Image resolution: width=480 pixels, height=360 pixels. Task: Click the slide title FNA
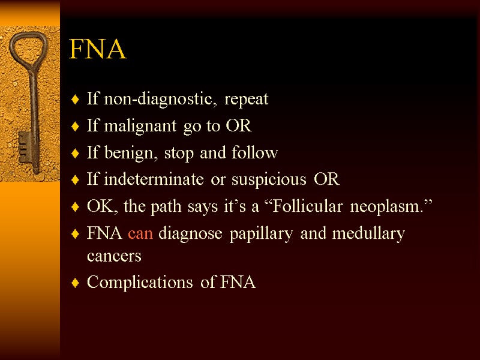point(98,50)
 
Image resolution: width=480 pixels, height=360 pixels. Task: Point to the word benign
point(124,154)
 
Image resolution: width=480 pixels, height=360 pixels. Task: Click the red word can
point(140,233)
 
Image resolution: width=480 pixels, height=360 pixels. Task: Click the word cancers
point(114,256)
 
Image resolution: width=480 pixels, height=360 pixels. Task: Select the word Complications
point(142,283)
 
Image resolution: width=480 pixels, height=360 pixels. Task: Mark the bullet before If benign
point(74,154)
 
